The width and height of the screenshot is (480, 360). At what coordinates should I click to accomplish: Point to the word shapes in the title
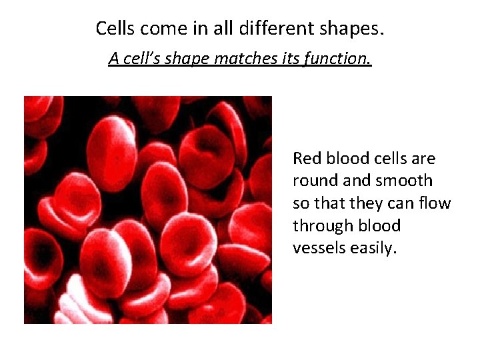(353, 29)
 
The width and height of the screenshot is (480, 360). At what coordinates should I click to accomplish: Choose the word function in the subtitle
(337, 59)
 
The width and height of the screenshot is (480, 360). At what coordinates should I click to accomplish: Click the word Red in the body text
(307, 159)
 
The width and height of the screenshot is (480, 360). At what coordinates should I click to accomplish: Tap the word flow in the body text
(436, 203)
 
